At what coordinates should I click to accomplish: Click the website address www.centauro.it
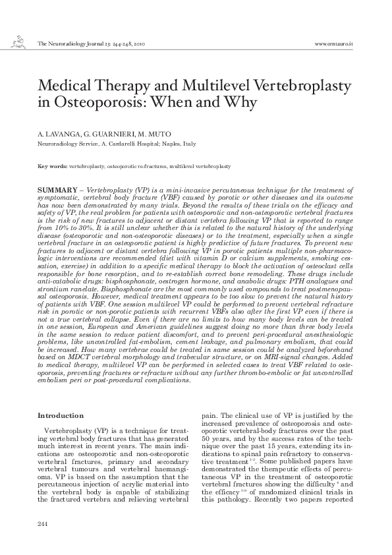coord(334,44)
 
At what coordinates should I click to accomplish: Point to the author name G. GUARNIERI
coord(107,134)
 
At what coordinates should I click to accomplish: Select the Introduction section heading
coord(61,415)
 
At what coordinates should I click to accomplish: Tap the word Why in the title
coord(240,103)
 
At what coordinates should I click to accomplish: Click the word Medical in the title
coord(65,87)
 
